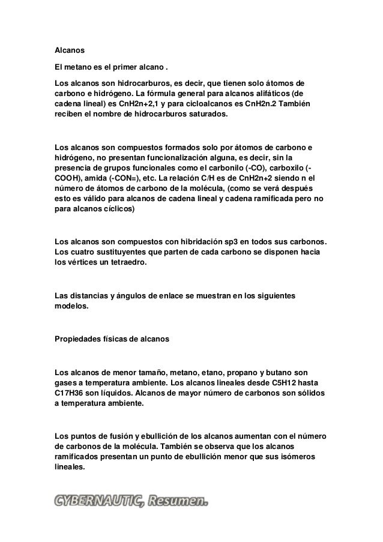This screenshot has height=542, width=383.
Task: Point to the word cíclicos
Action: tap(118, 210)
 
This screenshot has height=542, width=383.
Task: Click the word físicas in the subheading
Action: tap(115, 340)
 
